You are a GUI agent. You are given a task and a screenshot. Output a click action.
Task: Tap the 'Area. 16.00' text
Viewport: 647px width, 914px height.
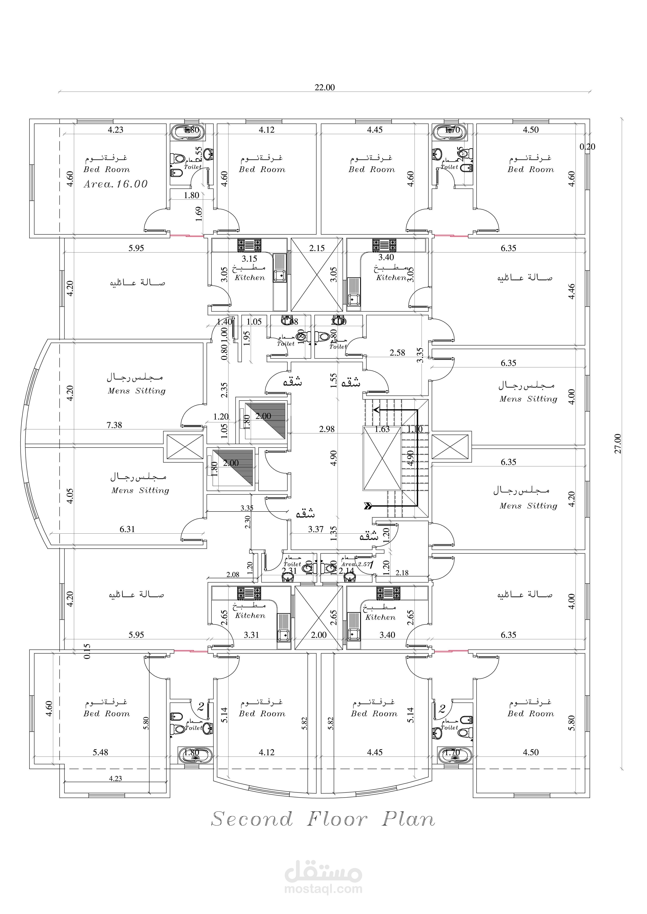coord(116,184)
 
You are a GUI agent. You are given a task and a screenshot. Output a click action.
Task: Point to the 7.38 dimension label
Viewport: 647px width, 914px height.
coord(114,425)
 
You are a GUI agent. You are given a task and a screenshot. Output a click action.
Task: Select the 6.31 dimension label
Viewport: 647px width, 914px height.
coord(127,529)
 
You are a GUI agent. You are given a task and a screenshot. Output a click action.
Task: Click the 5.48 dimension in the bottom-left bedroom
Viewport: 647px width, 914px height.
coord(100,752)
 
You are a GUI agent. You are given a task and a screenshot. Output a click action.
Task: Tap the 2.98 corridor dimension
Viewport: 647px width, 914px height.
coord(327,429)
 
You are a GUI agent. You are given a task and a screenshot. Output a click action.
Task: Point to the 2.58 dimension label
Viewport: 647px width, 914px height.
coord(397,353)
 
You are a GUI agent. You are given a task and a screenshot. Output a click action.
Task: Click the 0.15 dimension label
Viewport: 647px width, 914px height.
coord(87,651)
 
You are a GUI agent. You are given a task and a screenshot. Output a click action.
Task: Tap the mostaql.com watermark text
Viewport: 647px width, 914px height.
coord(323,889)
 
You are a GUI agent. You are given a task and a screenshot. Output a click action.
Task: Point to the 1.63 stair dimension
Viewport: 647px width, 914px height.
coord(382,429)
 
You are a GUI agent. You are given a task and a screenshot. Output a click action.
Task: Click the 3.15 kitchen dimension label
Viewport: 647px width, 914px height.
coord(249,259)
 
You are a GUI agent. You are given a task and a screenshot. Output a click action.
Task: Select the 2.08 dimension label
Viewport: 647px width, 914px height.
coord(233,574)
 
